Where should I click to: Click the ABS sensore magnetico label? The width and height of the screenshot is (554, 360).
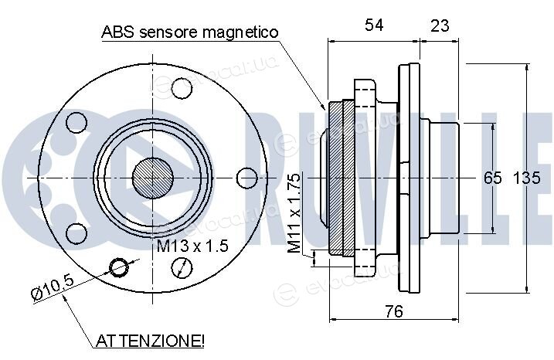pos(190,32)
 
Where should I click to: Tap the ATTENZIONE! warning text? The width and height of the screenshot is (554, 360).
pos(150,341)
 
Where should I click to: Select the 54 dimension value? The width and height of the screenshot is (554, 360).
pos(374,25)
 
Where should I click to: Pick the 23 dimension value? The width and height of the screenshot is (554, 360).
pos(440,25)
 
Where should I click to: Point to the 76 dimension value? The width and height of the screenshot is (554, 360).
pos(394,311)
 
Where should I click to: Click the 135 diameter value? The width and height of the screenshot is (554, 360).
pos(526,178)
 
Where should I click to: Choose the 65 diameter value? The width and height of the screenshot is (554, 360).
pos(492,178)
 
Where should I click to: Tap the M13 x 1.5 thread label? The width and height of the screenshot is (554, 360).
pos(192,246)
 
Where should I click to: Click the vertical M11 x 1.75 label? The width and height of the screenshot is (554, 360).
pos(294,213)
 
